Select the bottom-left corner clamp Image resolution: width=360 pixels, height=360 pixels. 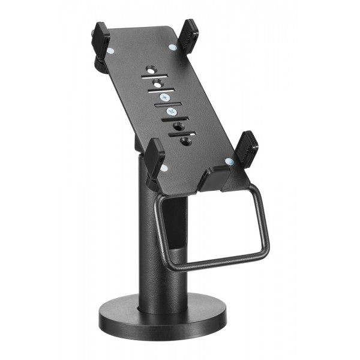pyautogui.click(x=155, y=157)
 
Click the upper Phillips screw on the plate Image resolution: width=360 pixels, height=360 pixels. pyautogui.click(x=164, y=97)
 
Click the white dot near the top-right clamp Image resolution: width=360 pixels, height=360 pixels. pyautogui.click(x=173, y=46)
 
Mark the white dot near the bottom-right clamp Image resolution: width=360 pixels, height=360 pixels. pyautogui.click(x=228, y=161)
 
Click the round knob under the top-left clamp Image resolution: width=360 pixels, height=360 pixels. pyautogui.click(x=98, y=64)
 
